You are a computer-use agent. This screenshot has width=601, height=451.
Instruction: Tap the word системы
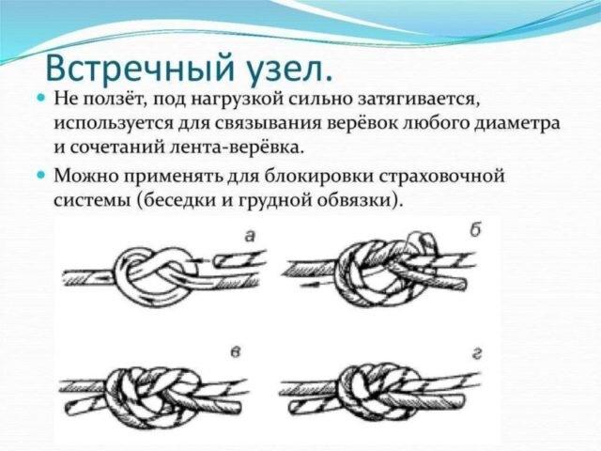click(92, 200)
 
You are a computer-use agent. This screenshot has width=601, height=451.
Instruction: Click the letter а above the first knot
click(250, 237)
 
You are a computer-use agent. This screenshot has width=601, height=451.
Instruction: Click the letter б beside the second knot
click(476, 230)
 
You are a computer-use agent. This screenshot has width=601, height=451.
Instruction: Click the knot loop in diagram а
click(154, 273)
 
